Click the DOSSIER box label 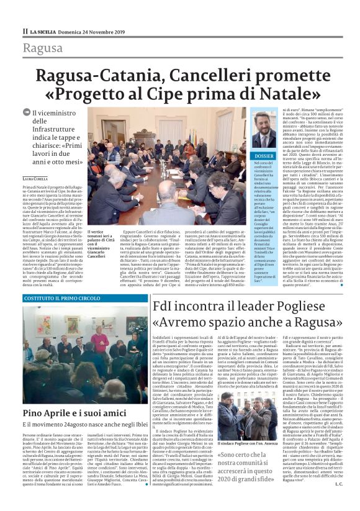click(246, 156)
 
